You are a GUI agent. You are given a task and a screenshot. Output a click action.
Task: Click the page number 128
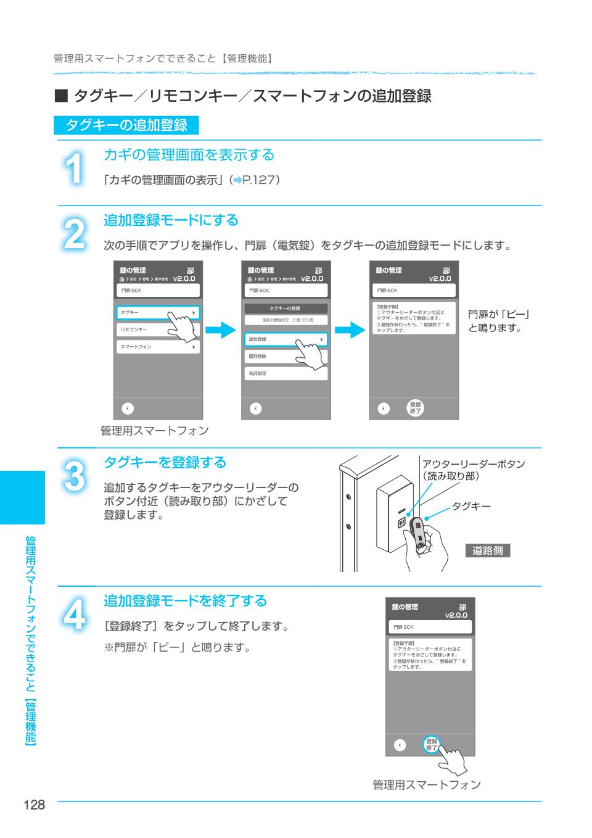35,805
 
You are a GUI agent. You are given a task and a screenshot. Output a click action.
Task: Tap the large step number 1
74,168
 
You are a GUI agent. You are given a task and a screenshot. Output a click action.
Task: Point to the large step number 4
74,613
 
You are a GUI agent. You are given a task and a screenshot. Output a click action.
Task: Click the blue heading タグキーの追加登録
126,125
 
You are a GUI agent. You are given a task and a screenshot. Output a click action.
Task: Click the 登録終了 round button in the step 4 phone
432,745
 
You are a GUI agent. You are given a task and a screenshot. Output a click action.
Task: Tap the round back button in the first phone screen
127,409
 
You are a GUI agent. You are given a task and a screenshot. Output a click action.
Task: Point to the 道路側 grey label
488,551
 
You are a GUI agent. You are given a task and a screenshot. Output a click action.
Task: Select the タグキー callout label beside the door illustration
471,507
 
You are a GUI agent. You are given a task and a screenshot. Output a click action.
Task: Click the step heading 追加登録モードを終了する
185,600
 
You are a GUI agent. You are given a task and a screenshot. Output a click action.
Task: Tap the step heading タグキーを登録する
165,462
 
